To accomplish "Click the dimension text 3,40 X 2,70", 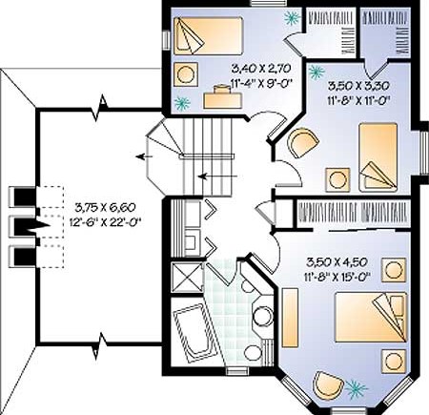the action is click(261, 68).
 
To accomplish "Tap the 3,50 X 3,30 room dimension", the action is click(358, 85).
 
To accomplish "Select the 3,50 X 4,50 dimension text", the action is click(337, 262).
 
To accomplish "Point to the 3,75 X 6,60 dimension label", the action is click(106, 207).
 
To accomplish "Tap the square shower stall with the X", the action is click(187, 277).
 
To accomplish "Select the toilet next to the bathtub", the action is click(257, 352).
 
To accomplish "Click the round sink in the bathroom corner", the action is click(263, 317).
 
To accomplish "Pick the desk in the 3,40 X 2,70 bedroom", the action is click(222, 97).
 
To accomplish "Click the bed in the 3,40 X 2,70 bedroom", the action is click(207, 36).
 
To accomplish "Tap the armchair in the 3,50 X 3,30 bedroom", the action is click(302, 142).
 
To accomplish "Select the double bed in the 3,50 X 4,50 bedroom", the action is click(371, 318).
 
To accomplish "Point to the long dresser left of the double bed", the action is click(290, 318).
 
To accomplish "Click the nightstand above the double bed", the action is click(394, 270).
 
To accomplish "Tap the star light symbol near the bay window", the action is click(356, 388).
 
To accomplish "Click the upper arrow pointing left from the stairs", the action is click(144, 156).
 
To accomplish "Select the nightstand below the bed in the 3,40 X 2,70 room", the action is click(186, 74).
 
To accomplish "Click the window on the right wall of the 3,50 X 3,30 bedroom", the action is click(423, 152).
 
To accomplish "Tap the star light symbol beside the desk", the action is click(182, 103).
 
